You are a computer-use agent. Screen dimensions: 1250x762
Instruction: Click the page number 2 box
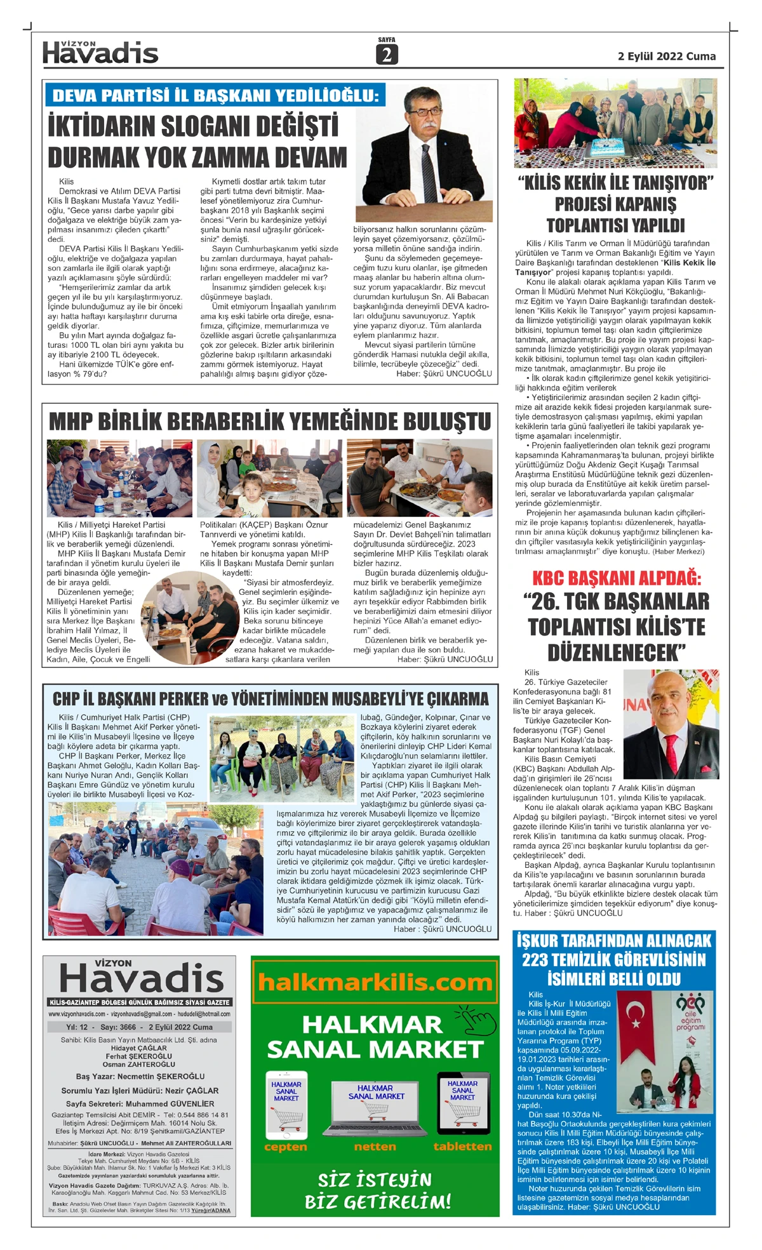(x=387, y=55)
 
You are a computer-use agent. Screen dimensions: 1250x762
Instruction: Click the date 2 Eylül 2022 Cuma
(x=666, y=57)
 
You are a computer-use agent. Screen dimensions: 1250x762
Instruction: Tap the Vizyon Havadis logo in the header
(x=100, y=53)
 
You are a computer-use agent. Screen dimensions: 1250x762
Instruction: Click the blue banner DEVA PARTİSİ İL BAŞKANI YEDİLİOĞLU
(x=215, y=96)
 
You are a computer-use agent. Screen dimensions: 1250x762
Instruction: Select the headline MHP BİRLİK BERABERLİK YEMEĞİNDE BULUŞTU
(x=270, y=422)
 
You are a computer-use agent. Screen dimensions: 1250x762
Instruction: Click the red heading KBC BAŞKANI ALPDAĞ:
(x=616, y=578)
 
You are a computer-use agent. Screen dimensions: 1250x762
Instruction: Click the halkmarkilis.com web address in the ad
(x=375, y=983)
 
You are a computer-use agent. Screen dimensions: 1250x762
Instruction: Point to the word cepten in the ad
(x=286, y=1147)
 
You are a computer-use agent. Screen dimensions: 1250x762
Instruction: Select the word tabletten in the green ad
(x=462, y=1147)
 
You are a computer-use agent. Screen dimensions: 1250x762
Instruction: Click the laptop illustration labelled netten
(x=375, y=1108)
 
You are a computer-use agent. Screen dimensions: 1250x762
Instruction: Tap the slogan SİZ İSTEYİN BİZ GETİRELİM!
(x=377, y=1191)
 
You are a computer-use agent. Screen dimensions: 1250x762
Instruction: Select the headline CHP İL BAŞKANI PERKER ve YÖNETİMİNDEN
(x=271, y=700)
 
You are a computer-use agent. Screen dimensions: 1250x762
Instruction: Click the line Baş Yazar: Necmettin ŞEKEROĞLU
(x=140, y=1077)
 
